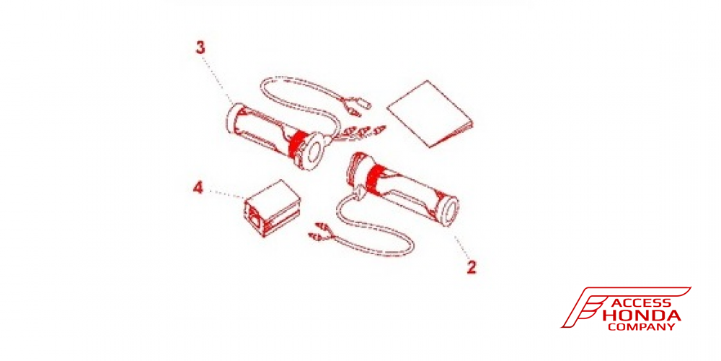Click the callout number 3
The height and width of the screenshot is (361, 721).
click(x=200, y=48)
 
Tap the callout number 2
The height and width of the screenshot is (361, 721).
click(x=471, y=267)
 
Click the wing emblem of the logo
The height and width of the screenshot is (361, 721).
click(x=584, y=307)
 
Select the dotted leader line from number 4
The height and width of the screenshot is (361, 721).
click(x=225, y=193)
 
